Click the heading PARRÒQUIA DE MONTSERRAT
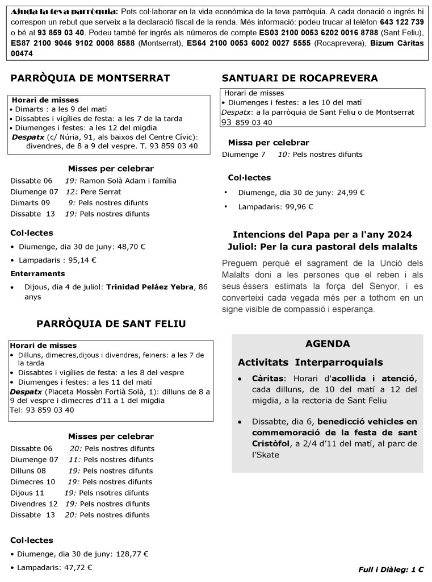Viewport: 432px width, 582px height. [90, 78]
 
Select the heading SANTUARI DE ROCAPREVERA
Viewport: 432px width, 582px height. [300, 78]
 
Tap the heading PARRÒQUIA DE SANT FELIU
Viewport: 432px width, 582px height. [111, 323]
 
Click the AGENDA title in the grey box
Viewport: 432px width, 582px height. [328, 344]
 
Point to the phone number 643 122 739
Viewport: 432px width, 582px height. [402, 21]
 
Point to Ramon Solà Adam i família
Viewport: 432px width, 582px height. [128, 181]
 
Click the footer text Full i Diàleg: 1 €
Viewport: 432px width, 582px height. [391, 569]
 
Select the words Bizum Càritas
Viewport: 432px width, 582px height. [397, 43]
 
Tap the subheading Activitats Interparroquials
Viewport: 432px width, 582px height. [310, 363]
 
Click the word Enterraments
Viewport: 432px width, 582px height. [37, 273]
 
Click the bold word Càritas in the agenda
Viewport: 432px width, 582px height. [269, 379]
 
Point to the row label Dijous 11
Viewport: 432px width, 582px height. [27, 493]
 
